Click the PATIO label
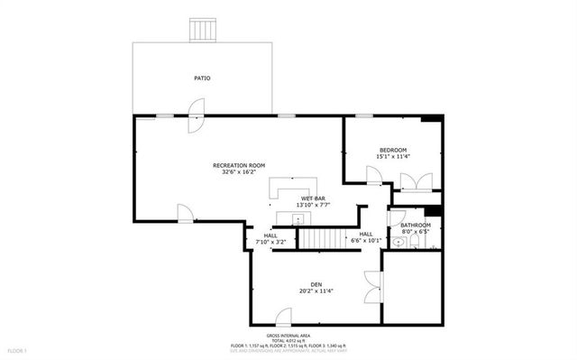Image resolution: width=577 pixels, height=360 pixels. click(203, 78)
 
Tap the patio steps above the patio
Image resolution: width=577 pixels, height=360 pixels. click(203, 30)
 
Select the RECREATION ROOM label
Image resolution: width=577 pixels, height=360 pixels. click(239, 165)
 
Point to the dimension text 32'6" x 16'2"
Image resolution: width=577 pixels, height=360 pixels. click(239, 172)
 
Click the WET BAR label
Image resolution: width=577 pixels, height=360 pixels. click(314, 198)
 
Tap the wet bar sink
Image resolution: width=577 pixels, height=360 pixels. click(281, 216)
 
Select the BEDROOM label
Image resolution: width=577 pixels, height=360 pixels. click(392, 150)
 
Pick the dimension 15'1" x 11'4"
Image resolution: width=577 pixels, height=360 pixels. click(392, 157)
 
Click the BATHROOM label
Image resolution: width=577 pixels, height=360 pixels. click(416, 225)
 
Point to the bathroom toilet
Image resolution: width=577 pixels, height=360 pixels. click(396, 217)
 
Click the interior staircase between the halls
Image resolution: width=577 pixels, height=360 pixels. click(323, 237)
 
